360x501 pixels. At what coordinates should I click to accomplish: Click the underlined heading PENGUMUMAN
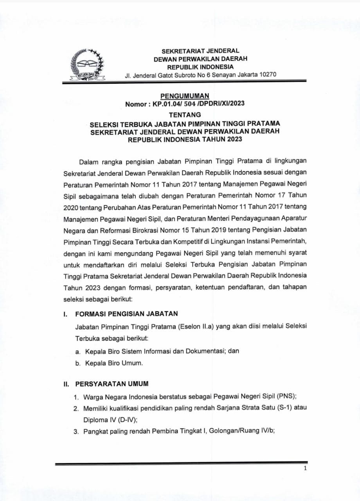point(185,96)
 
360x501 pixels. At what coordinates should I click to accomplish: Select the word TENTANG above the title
point(185,115)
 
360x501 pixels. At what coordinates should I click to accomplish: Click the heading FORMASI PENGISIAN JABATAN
point(126,314)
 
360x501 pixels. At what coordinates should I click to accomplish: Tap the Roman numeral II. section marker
point(67,384)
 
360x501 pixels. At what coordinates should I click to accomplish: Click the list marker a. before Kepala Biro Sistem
point(77,351)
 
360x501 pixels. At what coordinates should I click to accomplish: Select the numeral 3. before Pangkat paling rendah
point(77,432)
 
